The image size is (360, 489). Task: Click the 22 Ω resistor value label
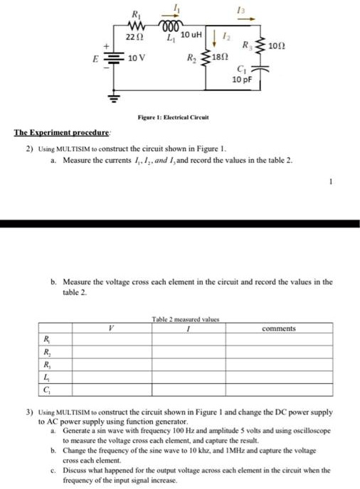pos(134,36)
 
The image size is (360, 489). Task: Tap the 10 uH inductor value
pos(192,35)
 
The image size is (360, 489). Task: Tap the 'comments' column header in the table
pos(279,328)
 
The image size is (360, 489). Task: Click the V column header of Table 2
pos(110,328)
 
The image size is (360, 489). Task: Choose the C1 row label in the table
pos(47,389)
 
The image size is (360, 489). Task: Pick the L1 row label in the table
pos(47,377)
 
